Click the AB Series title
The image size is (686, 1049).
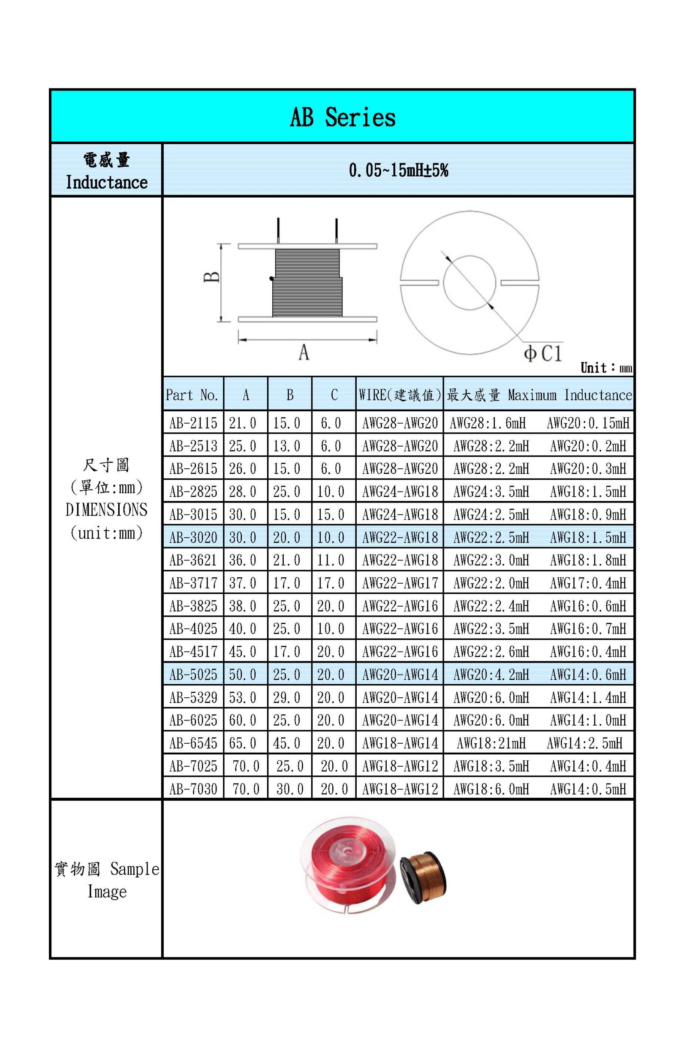click(x=342, y=117)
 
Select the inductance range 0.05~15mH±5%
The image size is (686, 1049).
click(x=398, y=170)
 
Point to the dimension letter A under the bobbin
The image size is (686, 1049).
click(x=304, y=352)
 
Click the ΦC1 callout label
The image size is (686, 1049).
click(x=543, y=353)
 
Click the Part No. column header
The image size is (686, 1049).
click(x=192, y=395)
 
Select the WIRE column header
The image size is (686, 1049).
click(x=399, y=395)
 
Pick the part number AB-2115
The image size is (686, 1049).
click(x=193, y=423)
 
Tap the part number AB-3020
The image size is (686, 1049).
click(x=193, y=537)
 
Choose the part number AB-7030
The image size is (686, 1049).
click(x=193, y=789)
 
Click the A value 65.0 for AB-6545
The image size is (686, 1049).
click(x=242, y=743)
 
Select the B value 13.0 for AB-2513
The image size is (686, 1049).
click(x=286, y=446)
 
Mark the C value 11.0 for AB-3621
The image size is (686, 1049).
click(x=331, y=560)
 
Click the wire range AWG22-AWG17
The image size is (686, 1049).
click(x=400, y=583)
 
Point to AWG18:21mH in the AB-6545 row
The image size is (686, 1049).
click(x=491, y=743)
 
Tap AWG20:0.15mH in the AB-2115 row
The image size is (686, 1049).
click(x=588, y=423)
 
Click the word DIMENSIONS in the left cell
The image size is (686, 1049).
click(x=106, y=510)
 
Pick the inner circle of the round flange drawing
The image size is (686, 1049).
click(x=469, y=282)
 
